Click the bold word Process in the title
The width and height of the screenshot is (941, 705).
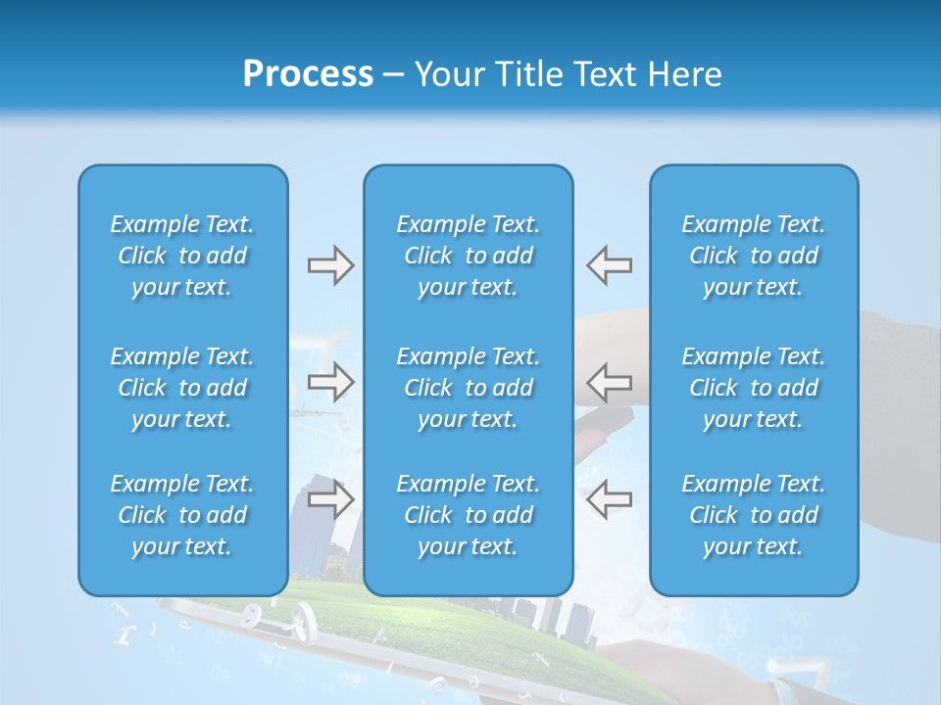click(x=308, y=74)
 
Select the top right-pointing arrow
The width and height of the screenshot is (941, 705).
click(x=330, y=265)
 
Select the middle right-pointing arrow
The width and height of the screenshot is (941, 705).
click(x=330, y=382)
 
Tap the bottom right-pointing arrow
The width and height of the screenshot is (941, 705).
click(x=330, y=499)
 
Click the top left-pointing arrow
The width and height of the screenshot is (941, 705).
click(x=609, y=265)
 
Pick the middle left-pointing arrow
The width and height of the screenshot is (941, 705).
click(x=609, y=382)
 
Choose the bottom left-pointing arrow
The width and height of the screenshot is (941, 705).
click(x=609, y=499)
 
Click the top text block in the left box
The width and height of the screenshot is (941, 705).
click(x=182, y=256)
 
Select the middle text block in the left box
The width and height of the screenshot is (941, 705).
click(x=182, y=388)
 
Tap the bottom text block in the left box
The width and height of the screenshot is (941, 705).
click(x=182, y=515)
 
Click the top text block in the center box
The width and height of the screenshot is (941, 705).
click(x=468, y=256)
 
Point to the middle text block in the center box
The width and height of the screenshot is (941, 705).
click(x=468, y=388)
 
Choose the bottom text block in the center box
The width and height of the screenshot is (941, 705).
click(x=468, y=515)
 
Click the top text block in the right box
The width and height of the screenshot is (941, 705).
click(x=753, y=256)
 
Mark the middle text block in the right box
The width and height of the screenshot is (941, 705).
click(x=753, y=388)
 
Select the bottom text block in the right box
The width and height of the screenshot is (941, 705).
click(x=753, y=515)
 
